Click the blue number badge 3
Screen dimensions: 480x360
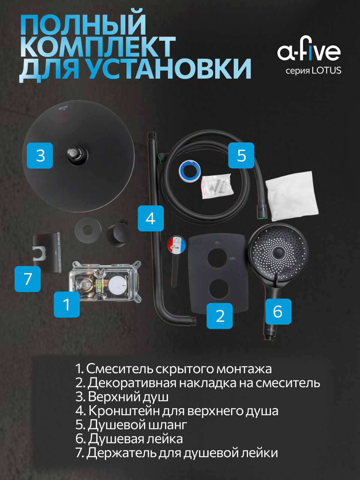click(x=40, y=155)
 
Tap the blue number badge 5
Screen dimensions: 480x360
click(x=241, y=155)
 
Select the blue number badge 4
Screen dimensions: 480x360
click(x=151, y=218)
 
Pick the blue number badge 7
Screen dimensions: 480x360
click(x=28, y=279)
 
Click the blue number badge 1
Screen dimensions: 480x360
click(x=67, y=304)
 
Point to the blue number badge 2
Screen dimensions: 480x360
click(x=220, y=316)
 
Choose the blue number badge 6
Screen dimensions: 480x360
click(x=278, y=311)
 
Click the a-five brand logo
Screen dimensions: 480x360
click(x=309, y=49)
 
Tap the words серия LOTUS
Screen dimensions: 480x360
click(x=313, y=70)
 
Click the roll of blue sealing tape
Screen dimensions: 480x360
click(x=190, y=170)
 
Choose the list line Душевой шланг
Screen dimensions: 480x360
click(x=131, y=424)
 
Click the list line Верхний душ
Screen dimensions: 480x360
click(x=122, y=397)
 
